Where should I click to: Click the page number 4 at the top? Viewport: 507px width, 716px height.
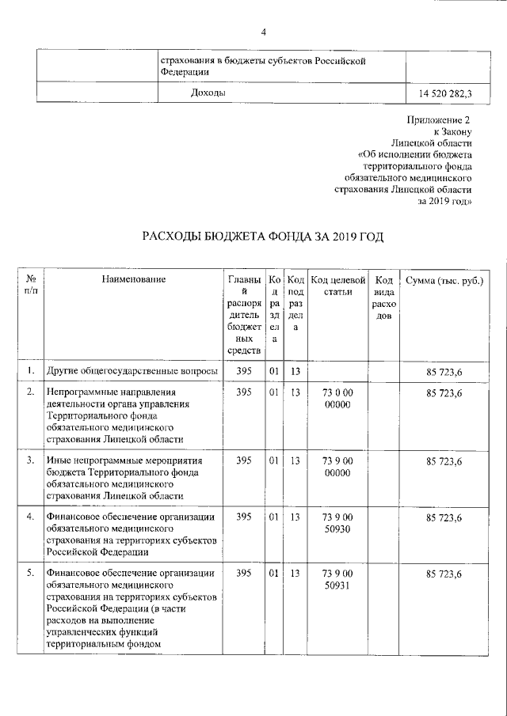264,32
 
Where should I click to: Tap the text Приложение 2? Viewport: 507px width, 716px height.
440,119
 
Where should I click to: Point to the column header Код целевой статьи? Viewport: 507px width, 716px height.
337,286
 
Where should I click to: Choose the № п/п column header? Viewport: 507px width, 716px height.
29,286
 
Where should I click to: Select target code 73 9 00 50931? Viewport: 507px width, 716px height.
337,578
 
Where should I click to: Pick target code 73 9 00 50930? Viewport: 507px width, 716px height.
337,523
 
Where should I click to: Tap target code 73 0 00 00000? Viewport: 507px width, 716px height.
337,399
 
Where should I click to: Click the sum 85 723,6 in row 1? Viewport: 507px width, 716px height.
444,370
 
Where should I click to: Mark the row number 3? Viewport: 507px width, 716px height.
29,460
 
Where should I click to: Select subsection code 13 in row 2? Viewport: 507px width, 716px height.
295,392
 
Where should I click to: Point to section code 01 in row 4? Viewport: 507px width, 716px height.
273,517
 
